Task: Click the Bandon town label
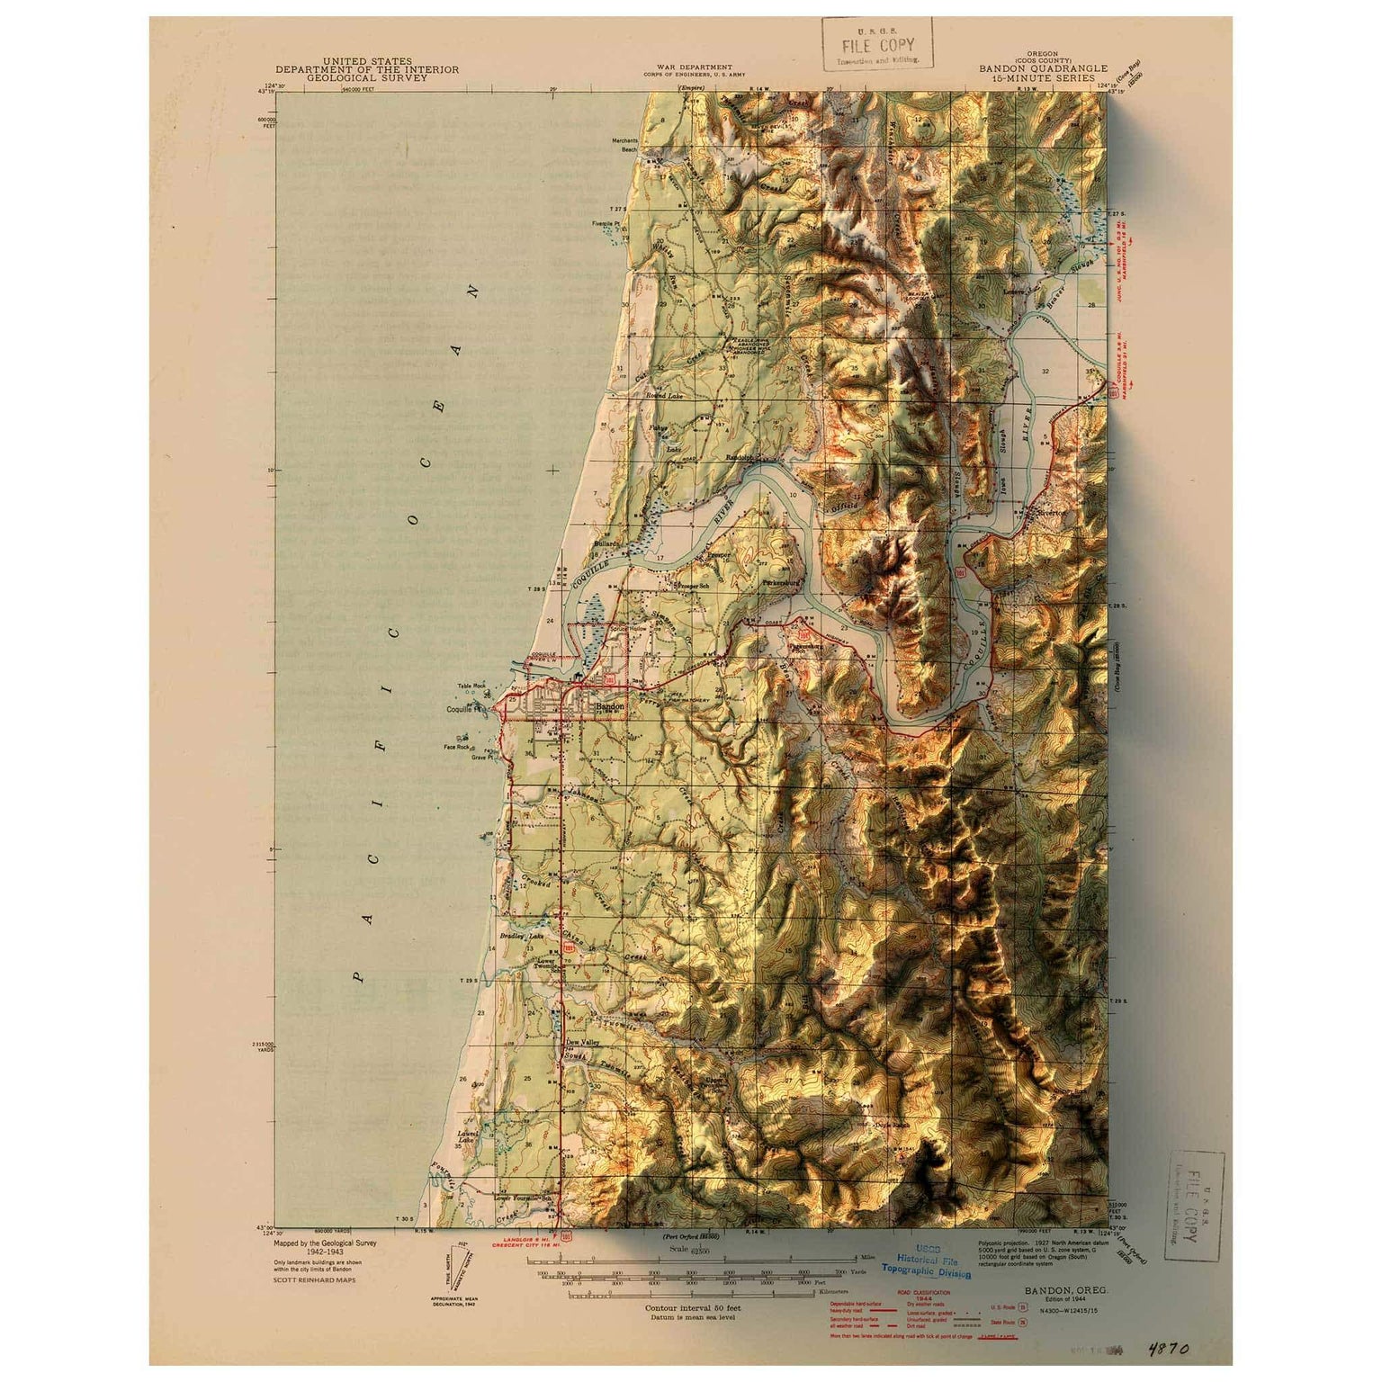609,707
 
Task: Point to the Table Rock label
471,686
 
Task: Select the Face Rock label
456,746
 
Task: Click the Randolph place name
738,458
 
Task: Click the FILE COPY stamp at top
877,45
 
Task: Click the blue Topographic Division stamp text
926,1273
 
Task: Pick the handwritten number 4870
1168,1349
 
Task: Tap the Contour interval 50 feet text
692,1307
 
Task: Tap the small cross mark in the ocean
552,470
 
